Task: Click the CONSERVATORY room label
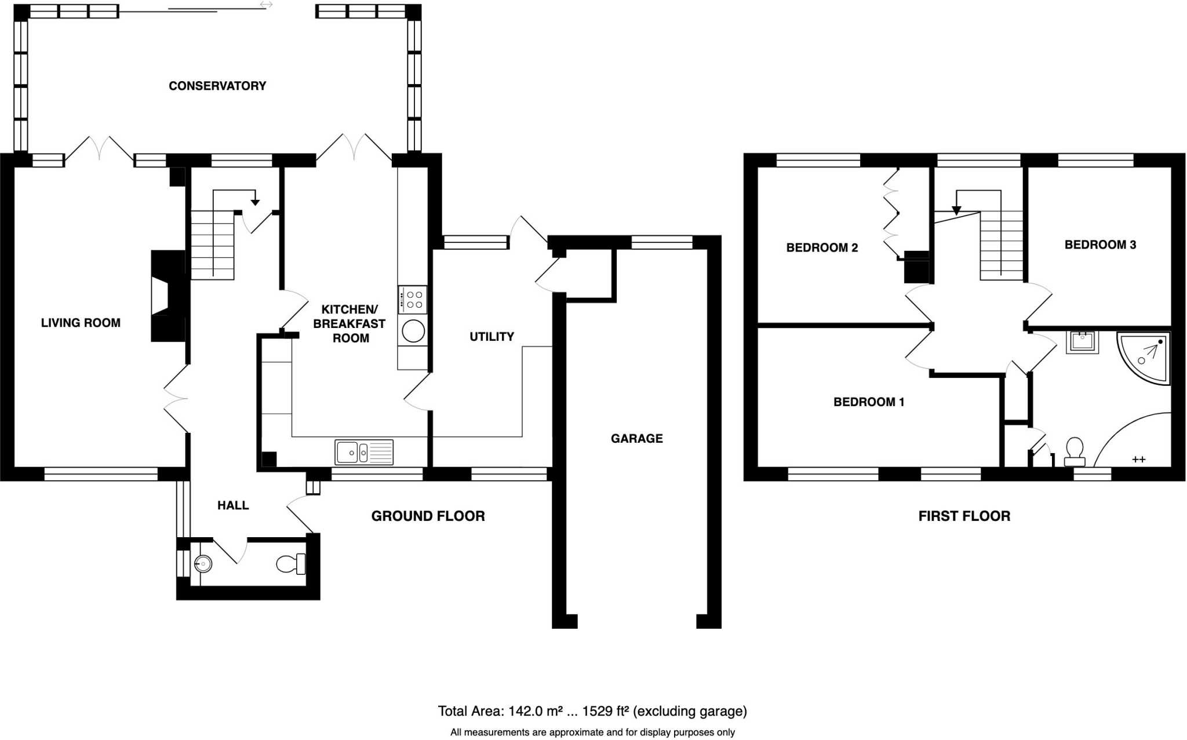(217, 86)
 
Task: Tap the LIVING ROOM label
(81, 323)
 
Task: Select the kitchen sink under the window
(363, 452)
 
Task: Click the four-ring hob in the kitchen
(413, 299)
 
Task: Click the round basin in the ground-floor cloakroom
(203, 563)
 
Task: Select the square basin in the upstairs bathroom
(1082, 341)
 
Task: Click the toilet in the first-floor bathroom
(1075, 451)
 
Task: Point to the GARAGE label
(636, 439)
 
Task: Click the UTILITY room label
(491, 337)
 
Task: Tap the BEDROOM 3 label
(1100, 245)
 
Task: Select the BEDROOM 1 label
(868, 402)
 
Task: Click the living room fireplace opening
(160, 296)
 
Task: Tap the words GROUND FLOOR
(428, 516)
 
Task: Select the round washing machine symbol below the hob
(413, 331)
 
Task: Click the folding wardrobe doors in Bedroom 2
(890, 213)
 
